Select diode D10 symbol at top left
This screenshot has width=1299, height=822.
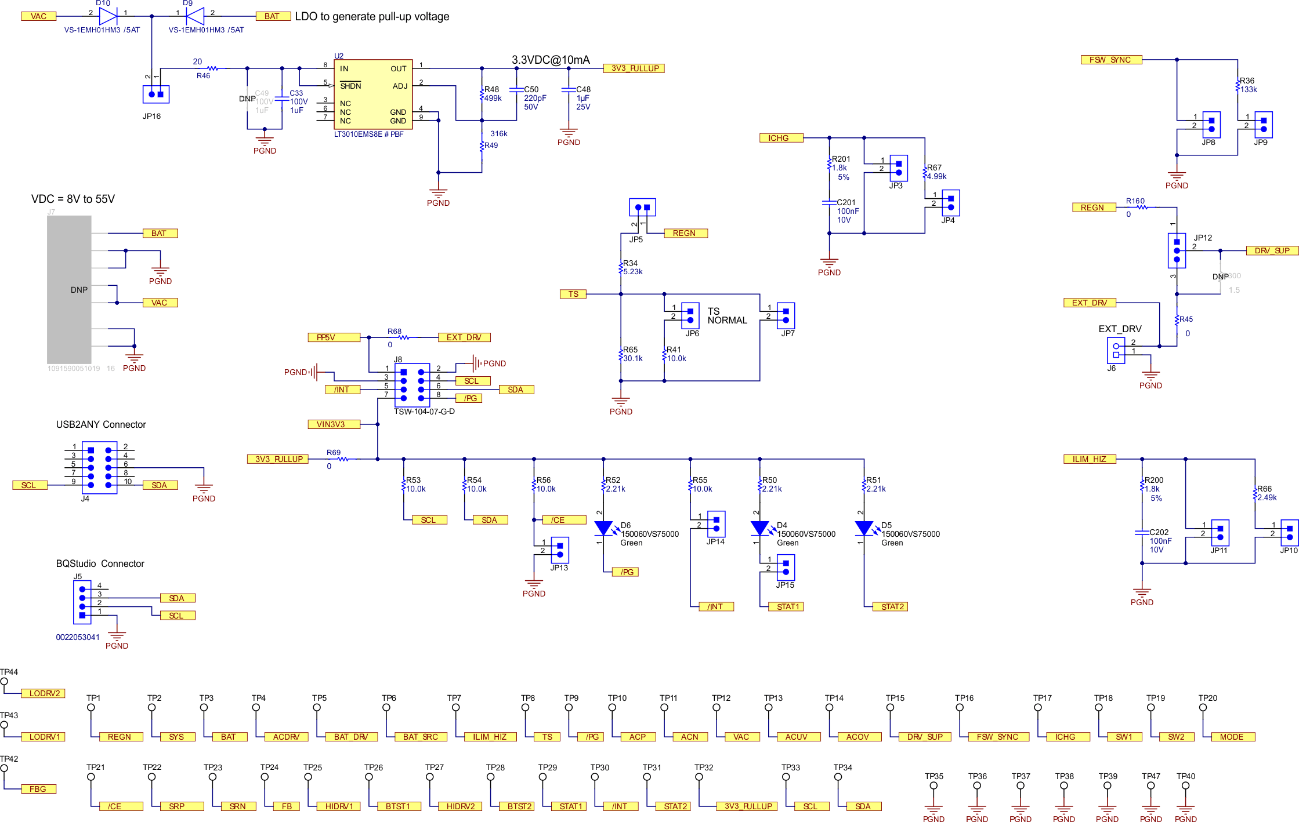[108, 16]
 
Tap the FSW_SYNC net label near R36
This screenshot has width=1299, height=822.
[1111, 60]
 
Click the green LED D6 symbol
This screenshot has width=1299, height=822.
[603, 528]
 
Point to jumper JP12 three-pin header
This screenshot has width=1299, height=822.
[1177, 250]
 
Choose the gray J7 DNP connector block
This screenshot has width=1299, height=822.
[69, 289]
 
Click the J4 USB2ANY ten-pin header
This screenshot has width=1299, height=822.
[99, 467]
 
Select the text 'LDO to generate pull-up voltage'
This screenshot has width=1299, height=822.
[372, 16]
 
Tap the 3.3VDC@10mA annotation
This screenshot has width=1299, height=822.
[551, 60]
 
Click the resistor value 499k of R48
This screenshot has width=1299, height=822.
[493, 98]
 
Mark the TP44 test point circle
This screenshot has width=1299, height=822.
[4, 682]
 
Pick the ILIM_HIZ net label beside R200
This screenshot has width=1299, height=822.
[1089, 459]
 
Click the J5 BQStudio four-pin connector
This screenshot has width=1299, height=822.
[82, 602]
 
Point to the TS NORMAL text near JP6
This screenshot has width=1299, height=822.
[726, 316]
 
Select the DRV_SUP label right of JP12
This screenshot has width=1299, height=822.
[1272, 250]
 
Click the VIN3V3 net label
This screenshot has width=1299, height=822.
[334, 424]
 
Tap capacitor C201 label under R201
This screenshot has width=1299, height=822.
[846, 202]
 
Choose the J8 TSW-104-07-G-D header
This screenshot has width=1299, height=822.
[412, 385]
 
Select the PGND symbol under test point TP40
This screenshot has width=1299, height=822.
[1185, 810]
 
